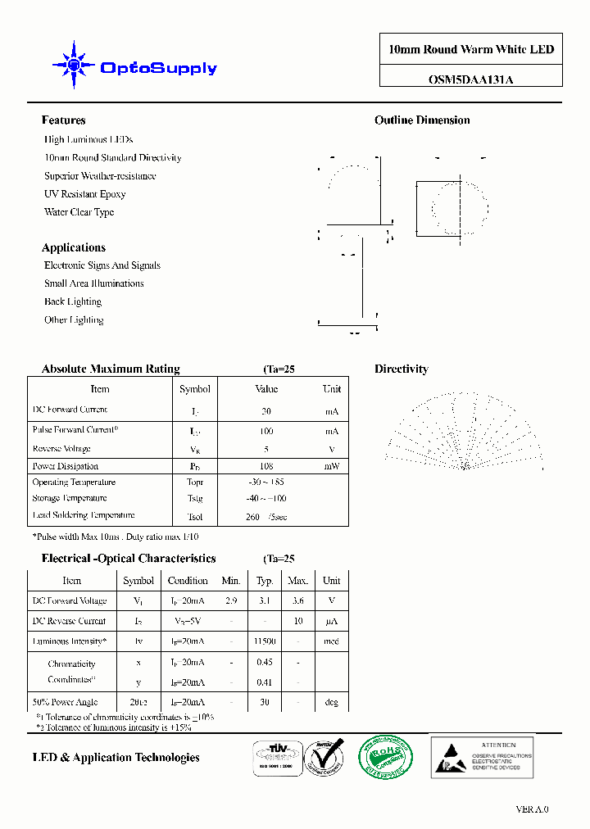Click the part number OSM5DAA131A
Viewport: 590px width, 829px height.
[x=471, y=80]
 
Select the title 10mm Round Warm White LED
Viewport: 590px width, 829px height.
[x=471, y=49]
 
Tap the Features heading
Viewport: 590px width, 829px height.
[x=63, y=120]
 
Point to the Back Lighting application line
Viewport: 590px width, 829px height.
[x=73, y=301]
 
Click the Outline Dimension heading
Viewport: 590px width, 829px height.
[x=422, y=120]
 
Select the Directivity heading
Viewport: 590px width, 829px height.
[x=402, y=369]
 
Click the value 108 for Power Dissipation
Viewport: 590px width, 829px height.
[x=266, y=466]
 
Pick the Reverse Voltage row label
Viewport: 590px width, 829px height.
[x=61, y=449]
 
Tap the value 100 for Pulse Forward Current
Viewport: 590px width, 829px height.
[x=266, y=431]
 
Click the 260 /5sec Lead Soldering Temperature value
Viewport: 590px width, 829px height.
[x=266, y=517]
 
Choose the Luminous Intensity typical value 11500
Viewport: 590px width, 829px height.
[x=265, y=641]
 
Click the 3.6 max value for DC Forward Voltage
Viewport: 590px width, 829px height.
[x=297, y=600]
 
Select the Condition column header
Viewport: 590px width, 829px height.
[x=188, y=581]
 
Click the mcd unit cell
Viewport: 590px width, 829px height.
[x=331, y=641]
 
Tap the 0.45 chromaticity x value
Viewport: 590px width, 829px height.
[x=265, y=662]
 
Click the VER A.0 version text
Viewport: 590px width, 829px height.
[x=532, y=809]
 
